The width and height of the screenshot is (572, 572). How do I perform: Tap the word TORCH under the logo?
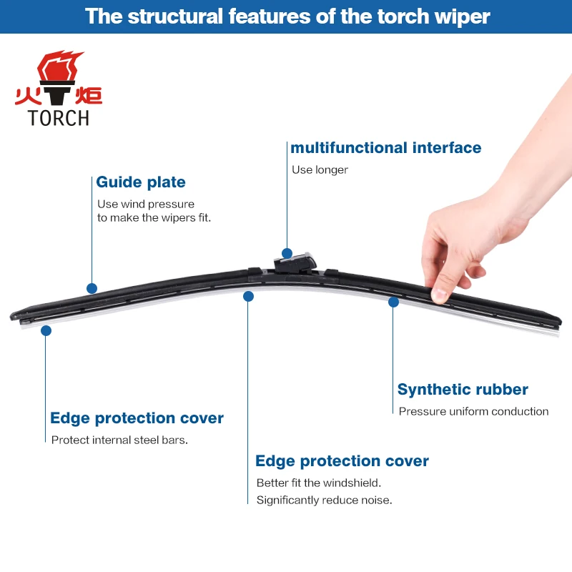59,118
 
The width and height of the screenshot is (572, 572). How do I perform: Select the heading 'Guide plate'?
141,182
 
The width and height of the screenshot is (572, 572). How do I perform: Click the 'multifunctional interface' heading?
385,148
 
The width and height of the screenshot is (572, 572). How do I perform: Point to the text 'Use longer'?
320,170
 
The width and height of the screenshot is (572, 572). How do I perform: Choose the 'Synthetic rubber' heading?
463,389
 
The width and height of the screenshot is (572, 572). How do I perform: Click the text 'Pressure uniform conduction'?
473,412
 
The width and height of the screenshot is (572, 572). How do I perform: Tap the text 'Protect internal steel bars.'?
119,440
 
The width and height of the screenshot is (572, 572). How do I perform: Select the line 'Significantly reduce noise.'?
325,500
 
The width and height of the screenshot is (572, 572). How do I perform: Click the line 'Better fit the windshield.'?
319,483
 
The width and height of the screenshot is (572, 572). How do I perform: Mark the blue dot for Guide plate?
92,289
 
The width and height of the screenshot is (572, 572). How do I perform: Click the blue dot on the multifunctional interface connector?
287,253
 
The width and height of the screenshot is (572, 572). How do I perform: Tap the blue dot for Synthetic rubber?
394,302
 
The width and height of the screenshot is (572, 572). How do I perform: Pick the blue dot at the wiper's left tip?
46,331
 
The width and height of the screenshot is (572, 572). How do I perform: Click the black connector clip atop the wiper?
295,262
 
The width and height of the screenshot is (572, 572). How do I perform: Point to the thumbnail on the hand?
439,295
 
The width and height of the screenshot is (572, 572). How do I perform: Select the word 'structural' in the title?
175,16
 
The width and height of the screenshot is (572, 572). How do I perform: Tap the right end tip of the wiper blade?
561,323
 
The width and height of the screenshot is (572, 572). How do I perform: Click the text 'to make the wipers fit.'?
154,218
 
